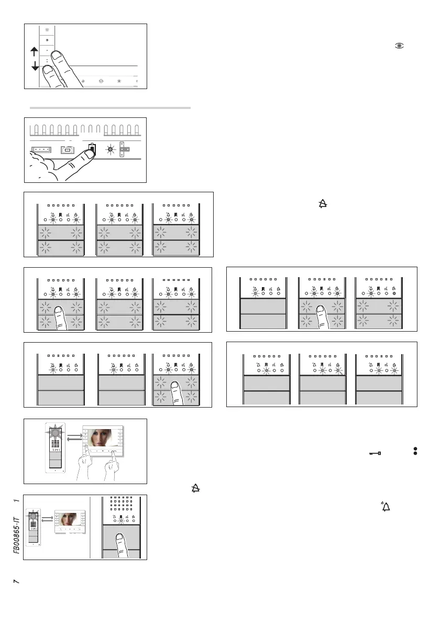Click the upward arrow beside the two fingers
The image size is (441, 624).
tap(35, 51)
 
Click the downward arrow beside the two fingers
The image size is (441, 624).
tap(35, 66)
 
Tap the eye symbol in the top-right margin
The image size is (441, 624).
tap(399, 46)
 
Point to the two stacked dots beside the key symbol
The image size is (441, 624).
tap(415, 451)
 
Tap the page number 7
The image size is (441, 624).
tap(17, 582)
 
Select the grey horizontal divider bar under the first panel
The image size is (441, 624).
tap(110, 108)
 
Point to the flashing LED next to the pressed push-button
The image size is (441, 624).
tap(111, 149)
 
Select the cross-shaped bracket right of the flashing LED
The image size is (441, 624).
tap(125, 149)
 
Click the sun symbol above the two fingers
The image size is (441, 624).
tap(48, 30)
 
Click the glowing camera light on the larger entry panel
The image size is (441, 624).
tap(56, 433)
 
